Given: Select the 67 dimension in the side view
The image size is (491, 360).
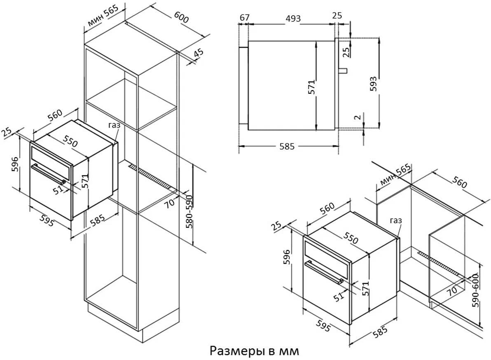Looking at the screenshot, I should (x=244, y=17).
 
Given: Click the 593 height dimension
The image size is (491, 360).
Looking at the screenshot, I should (x=373, y=83).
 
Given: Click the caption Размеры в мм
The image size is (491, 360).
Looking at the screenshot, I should (x=254, y=351).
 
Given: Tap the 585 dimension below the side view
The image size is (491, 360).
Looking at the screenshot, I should (x=287, y=146).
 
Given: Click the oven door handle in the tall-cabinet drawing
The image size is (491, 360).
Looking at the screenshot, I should (x=49, y=175).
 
